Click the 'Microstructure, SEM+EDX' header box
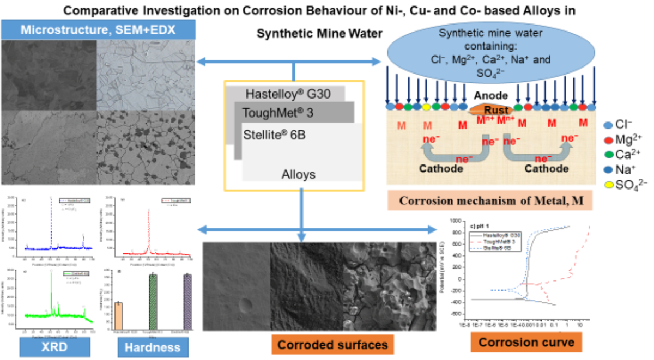(x=98, y=30)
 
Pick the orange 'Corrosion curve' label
(x=526, y=343)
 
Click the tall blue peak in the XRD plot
(x=51, y=218)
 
